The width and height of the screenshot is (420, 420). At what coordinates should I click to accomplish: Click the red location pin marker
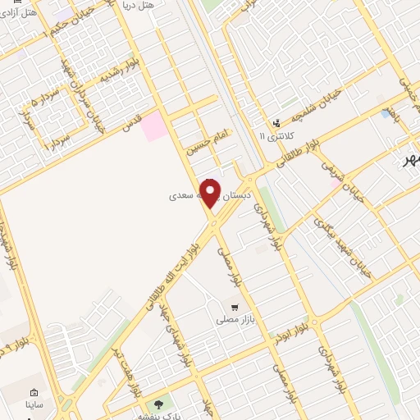[211, 194]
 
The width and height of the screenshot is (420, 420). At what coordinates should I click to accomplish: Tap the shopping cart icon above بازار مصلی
[235, 307]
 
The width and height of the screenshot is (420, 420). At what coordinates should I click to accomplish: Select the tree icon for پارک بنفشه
[157, 404]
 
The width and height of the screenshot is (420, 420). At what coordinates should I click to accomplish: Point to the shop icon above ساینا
[34, 392]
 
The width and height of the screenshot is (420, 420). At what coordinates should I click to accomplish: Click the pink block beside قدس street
[153, 128]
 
